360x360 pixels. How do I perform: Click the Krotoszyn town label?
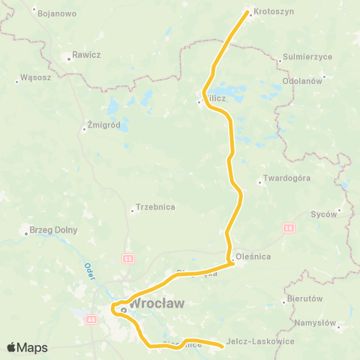(274, 13)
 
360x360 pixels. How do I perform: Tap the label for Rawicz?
(81, 55)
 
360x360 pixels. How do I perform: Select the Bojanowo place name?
(56, 13)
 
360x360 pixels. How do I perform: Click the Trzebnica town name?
(155, 207)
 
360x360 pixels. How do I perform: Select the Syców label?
(324, 214)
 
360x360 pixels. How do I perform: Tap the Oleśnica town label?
(253, 256)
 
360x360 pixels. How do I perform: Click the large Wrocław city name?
(157, 304)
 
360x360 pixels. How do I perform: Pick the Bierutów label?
(304, 298)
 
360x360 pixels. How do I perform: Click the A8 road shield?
(92, 319)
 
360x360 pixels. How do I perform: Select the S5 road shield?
(127, 258)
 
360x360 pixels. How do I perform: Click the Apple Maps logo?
(27, 347)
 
